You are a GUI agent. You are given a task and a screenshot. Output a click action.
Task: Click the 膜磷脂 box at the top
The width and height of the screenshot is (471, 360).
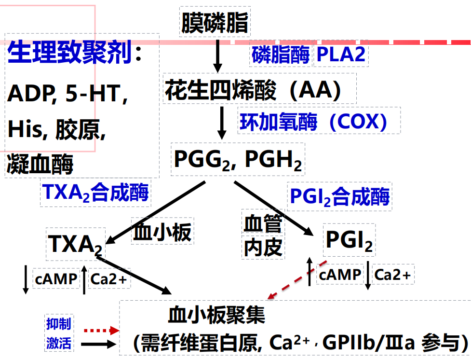click(215, 22)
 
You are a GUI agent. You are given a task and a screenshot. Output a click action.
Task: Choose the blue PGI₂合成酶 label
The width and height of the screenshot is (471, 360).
click(339, 196)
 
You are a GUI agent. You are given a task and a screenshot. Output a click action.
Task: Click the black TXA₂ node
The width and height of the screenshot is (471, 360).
click(75, 243)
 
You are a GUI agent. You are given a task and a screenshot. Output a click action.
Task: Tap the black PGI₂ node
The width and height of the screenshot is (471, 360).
click(349, 241)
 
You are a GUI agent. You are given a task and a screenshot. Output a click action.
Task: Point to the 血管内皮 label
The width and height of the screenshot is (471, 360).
click(262, 236)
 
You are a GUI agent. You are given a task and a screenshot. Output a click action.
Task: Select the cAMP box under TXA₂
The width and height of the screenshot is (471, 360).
click(55, 278)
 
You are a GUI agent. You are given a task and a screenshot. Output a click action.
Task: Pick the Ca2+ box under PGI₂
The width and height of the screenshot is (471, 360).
click(392, 275)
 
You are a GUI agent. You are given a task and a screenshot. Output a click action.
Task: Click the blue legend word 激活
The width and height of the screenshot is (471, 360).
click(58, 343)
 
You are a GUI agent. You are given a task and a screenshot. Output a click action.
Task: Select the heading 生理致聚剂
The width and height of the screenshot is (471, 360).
click(70, 53)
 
